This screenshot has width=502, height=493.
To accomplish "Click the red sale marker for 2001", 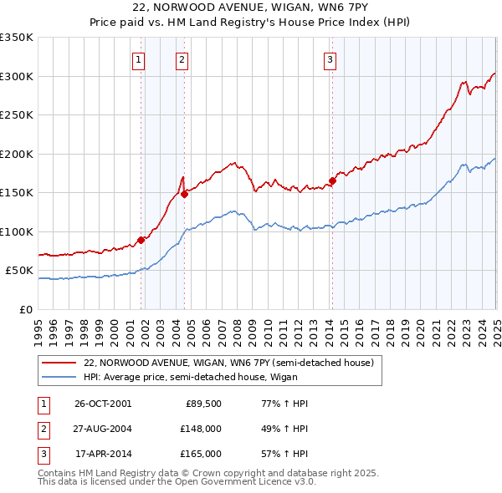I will point(141,240).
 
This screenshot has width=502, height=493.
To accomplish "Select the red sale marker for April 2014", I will point(332,180).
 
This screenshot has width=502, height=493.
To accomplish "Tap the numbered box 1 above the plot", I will point(138,59).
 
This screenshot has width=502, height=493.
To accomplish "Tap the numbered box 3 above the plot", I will point(330,59).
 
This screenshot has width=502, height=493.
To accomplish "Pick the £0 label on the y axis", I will point(27,309).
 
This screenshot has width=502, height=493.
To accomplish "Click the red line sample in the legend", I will point(59,363).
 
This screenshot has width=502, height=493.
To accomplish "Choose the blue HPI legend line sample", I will point(59,377).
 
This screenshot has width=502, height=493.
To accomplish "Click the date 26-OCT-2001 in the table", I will point(103,404).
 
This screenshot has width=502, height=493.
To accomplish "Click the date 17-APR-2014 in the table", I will point(103,454).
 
